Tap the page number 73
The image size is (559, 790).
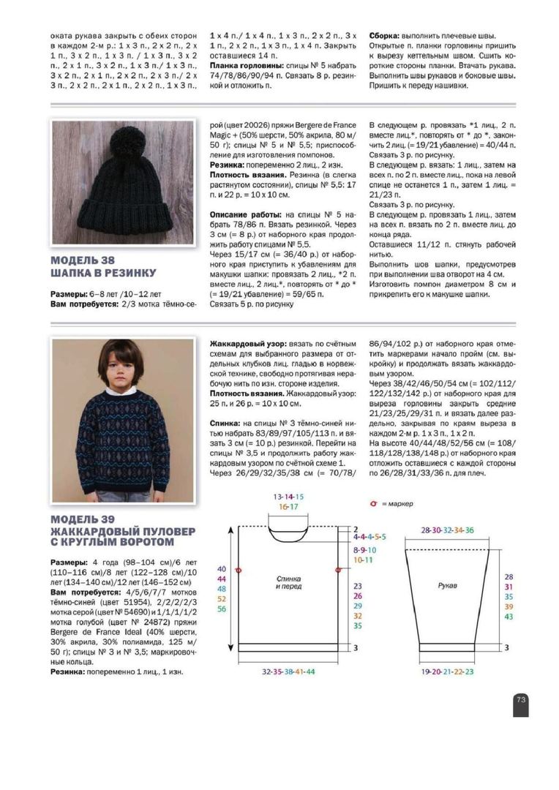coord(521,699)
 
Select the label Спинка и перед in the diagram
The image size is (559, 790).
coord(288,582)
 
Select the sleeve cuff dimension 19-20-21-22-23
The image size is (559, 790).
coord(447,671)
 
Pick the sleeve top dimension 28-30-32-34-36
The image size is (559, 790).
coord(446,530)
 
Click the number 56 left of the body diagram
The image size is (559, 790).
coord(222,609)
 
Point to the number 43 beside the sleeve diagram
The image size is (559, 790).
coord(509,617)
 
